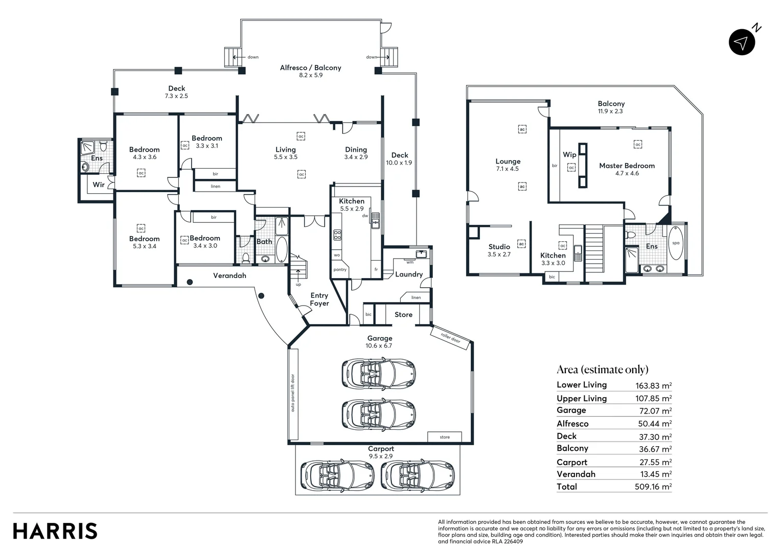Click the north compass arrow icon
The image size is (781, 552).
[742, 42]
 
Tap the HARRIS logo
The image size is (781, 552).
[55, 531]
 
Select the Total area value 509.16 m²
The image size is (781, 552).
[653, 487]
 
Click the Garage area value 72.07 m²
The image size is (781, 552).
[655, 411]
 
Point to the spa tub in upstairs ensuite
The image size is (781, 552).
[676, 243]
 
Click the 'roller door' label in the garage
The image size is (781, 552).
[450, 337]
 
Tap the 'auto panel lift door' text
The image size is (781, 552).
[292, 393]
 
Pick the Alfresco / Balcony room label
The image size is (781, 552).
[310, 67]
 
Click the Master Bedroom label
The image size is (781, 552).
[627, 166]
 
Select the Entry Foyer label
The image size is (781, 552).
[319, 299]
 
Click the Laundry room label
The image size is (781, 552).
[409, 274]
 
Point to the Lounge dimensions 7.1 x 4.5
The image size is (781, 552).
[508, 169]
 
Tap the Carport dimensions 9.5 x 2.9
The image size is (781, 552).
[381, 456]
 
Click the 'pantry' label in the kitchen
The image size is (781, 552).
[340, 269]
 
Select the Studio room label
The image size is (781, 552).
[499, 246]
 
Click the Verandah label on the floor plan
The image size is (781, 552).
[229, 275]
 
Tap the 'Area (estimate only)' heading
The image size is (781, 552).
[603, 370]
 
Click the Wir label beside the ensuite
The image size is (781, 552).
[99, 185]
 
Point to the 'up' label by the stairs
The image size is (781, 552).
[298, 285]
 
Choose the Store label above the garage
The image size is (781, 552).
[403, 314]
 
